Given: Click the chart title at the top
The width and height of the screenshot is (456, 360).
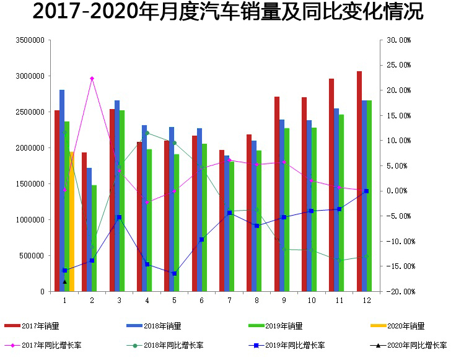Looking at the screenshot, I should [x=228, y=12].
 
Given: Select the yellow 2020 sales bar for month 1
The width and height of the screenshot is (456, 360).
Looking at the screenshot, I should [x=72, y=221].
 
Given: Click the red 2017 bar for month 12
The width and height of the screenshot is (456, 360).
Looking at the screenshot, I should [x=359, y=181].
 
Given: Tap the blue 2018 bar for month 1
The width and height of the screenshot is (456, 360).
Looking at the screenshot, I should [x=62, y=190].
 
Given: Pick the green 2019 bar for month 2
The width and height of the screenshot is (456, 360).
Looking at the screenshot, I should [x=94, y=238].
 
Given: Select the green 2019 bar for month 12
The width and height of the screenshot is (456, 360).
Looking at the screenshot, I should [x=369, y=195].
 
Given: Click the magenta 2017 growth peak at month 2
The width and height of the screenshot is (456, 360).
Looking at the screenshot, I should [x=92, y=79].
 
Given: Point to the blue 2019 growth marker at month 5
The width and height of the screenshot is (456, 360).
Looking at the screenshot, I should [x=174, y=273].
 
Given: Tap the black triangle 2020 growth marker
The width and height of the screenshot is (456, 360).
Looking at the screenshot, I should [x=64, y=281].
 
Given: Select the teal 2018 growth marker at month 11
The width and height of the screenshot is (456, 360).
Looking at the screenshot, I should [x=339, y=260].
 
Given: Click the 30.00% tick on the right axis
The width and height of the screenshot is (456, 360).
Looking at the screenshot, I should [x=399, y=40].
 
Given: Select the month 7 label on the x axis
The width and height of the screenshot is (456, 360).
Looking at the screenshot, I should [x=229, y=300].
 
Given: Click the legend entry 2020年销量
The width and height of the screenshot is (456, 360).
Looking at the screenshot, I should [x=410, y=326].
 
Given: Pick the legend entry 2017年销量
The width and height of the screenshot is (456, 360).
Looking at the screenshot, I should [x=40, y=326].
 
